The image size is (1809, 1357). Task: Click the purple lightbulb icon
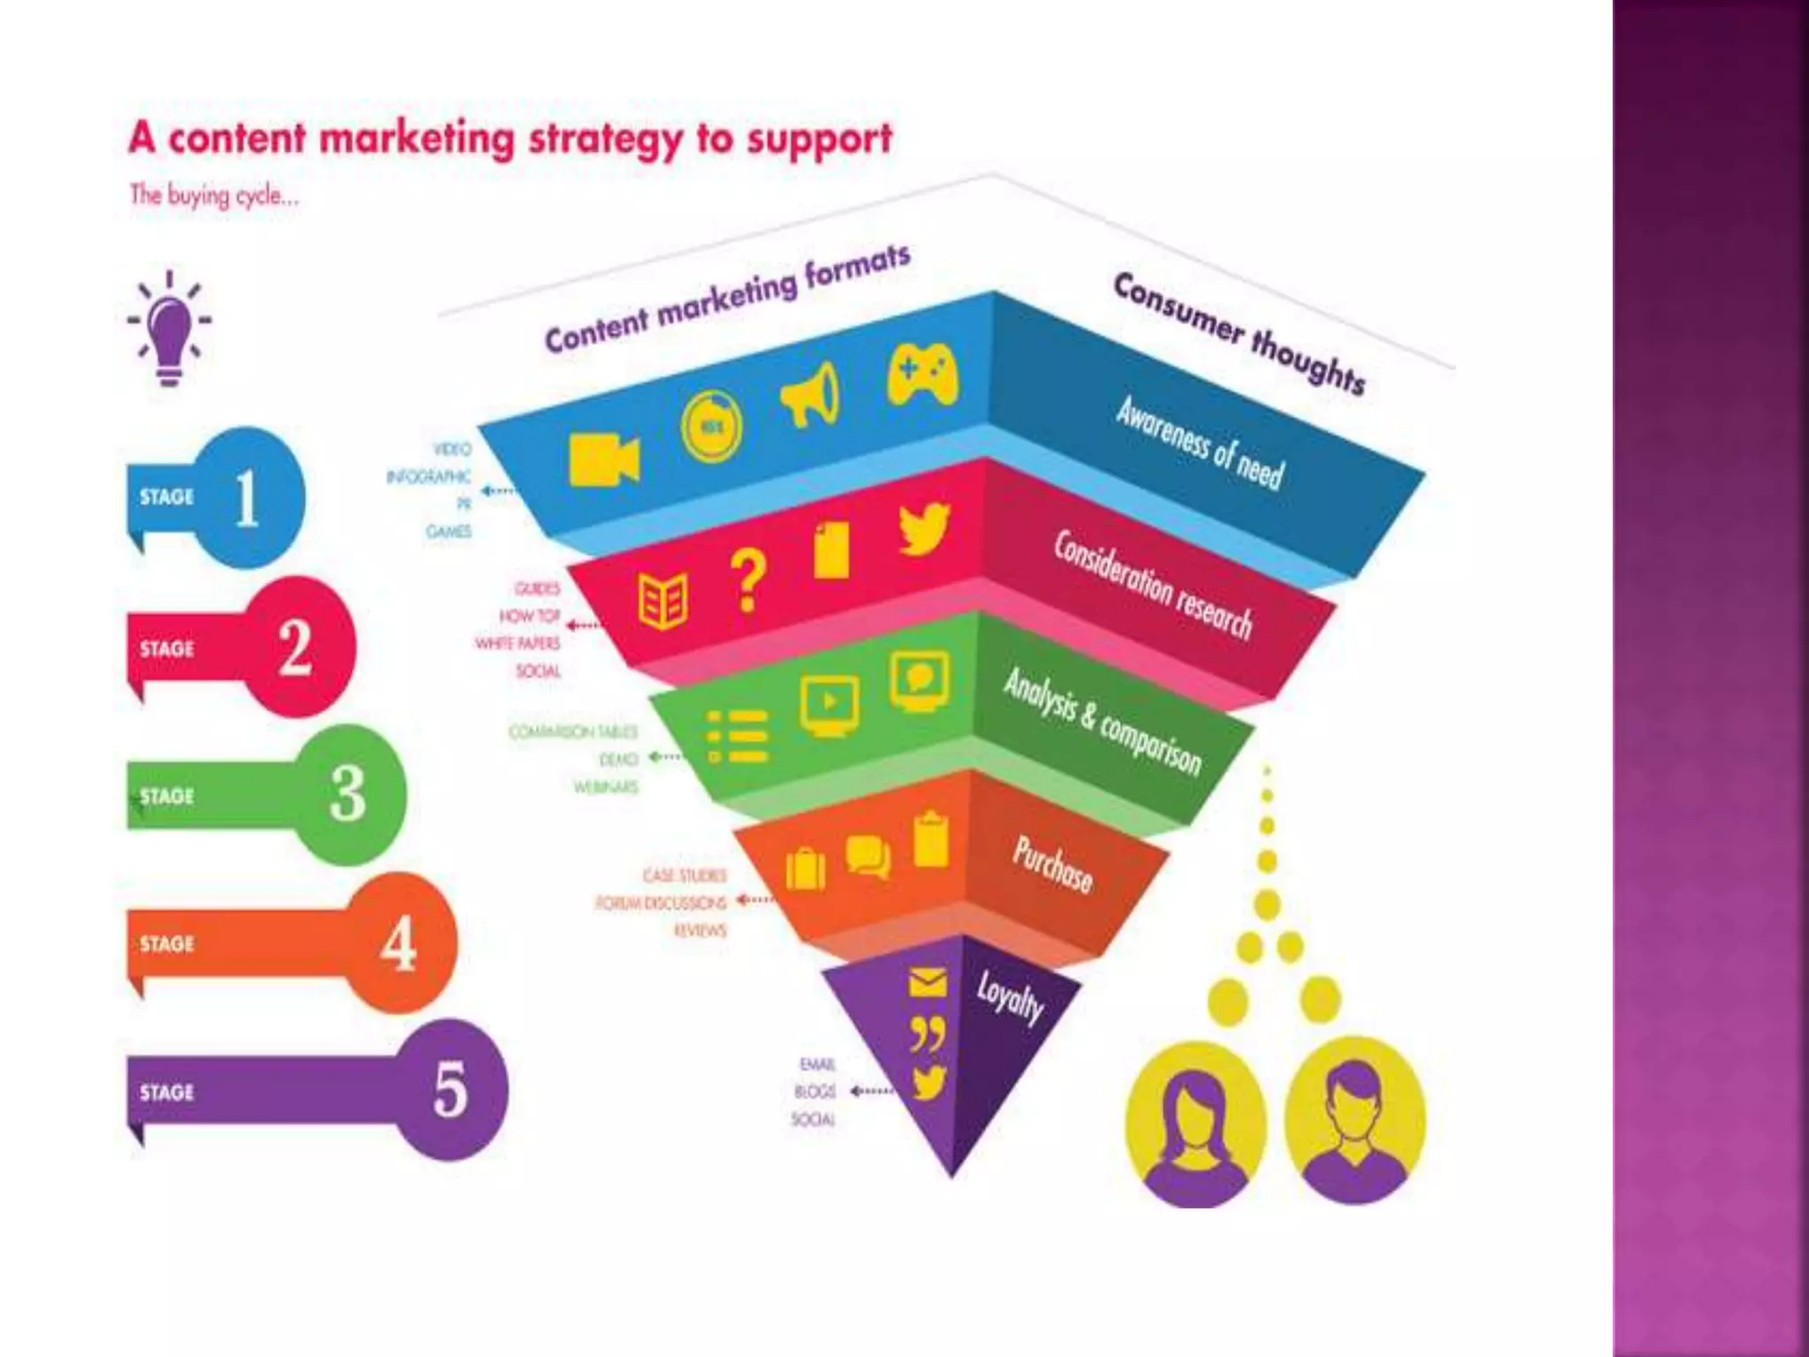170,330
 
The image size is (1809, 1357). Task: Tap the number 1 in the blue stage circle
247,497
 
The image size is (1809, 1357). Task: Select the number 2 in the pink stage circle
296,648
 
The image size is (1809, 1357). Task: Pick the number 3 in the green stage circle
348,793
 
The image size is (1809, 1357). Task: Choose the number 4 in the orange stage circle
398,943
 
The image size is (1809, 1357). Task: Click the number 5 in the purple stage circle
450,1089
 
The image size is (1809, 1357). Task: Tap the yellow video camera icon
603,459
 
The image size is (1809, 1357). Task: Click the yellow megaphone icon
811,396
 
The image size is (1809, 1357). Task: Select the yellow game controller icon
922,375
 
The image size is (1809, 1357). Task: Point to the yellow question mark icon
748,580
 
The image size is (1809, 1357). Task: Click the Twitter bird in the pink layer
924,528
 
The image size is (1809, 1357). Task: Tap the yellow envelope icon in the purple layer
927,982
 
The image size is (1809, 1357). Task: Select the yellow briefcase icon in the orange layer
805,868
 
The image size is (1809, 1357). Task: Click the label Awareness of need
1199,442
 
